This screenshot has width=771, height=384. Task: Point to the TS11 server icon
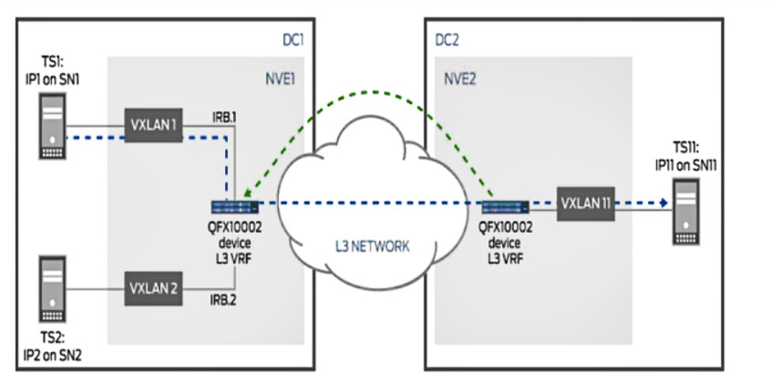(x=692, y=209)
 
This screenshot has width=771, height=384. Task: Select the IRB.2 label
(x=222, y=298)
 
